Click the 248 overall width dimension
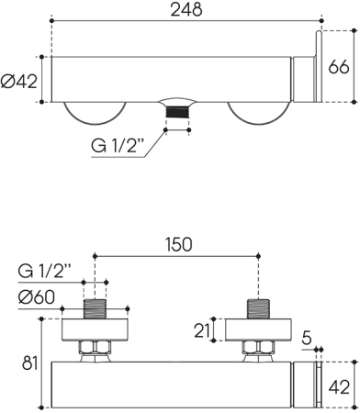[186, 9]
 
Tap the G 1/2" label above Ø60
[46, 273]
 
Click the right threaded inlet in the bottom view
[259, 308]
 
